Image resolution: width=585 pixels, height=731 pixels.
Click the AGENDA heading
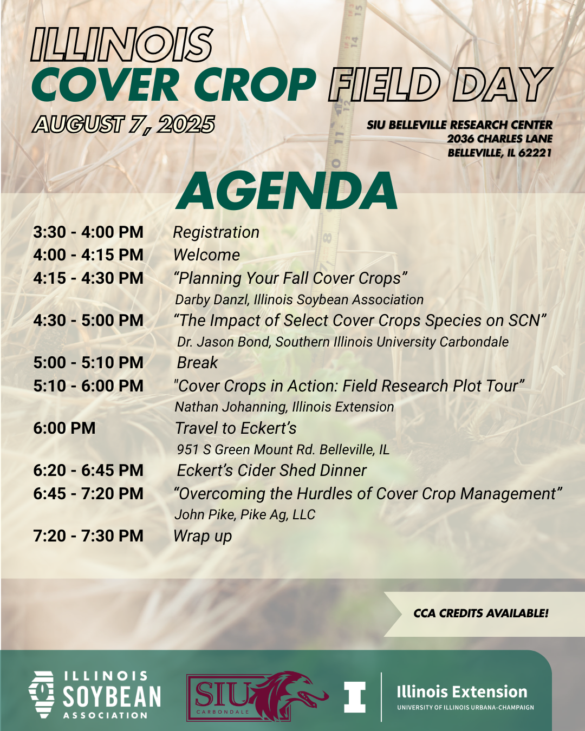pyautogui.click(x=286, y=191)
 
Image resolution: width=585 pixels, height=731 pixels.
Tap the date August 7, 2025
pyautogui.click(x=123, y=125)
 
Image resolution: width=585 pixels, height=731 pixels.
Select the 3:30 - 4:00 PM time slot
pyautogui.click(x=88, y=232)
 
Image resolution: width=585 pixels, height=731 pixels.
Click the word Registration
pyautogui.click(x=216, y=233)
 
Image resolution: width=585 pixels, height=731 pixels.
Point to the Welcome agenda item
pyautogui.click(x=207, y=255)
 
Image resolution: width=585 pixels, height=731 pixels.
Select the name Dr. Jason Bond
pyautogui.click(x=224, y=342)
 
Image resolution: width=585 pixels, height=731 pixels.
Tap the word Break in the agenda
pyautogui.click(x=197, y=363)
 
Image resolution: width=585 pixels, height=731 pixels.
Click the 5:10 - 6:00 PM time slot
pyautogui.click(x=88, y=386)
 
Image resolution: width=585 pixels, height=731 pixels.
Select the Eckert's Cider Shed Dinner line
pyautogui.click(x=271, y=471)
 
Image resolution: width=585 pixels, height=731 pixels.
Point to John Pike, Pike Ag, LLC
pyautogui.click(x=245, y=514)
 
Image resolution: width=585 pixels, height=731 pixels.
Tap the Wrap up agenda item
pyautogui.click(x=203, y=537)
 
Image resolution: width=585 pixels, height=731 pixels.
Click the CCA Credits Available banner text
pyautogui.click(x=480, y=613)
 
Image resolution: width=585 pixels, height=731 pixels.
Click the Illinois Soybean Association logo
pyautogui.click(x=94, y=695)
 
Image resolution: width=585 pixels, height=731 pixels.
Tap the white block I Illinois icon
pyautogui.click(x=355, y=697)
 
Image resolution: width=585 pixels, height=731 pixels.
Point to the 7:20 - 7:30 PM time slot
pyautogui.click(x=88, y=536)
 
